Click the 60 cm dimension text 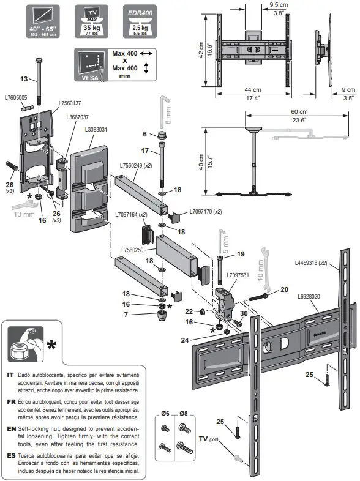pos(299,112)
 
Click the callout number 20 pos(284,290)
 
